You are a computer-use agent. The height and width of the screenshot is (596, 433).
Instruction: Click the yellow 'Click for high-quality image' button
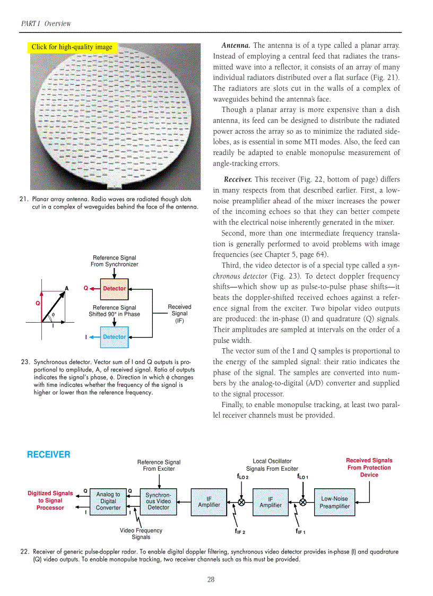coord(72,47)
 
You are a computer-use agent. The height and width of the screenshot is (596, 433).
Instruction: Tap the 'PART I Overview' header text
coord(46,23)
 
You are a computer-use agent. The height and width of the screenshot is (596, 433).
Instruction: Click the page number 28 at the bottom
coord(211,579)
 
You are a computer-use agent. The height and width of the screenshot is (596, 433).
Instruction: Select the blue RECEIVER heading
coord(48,455)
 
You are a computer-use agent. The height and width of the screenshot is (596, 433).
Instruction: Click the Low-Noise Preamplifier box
coord(334,502)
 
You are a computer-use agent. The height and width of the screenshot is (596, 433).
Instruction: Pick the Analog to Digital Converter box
coord(108,501)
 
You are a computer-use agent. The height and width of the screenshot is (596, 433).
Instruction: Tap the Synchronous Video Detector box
coord(158,501)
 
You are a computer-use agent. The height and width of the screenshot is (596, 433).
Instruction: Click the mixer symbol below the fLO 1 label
coord(303,502)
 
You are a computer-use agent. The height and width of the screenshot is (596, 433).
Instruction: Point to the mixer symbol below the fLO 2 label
coord(241,502)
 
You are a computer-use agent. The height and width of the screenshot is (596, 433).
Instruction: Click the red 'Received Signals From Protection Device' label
coord(369,468)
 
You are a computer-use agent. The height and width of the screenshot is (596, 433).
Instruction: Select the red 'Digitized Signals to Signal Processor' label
coord(50,500)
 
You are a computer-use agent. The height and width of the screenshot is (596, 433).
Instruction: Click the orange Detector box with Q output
coord(115,289)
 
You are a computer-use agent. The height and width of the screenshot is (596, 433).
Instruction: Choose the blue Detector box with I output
coord(115,337)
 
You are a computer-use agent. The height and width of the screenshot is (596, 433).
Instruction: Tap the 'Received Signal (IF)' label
coord(179,314)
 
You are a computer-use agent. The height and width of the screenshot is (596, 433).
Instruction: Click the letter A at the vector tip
coord(67,288)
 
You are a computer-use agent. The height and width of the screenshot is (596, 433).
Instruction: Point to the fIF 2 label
coord(240,531)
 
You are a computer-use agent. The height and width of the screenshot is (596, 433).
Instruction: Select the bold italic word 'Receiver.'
coord(238,179)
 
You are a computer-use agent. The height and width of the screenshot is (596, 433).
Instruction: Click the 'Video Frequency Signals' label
coord(141,533)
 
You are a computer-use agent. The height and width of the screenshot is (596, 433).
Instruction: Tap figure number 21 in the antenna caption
coord(23,200)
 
